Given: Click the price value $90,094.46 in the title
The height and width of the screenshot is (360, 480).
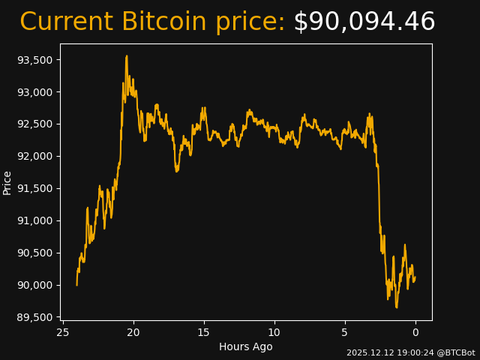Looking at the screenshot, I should click(x=364, y=22).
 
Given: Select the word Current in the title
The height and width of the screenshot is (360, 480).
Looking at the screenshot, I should click(x=66, y=22).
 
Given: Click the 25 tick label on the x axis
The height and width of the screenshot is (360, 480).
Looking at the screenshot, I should click(x=63, y=332).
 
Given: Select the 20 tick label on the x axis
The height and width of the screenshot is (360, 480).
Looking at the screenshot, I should click(x=133, y=332).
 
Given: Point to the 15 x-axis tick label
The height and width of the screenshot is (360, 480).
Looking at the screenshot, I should click(x=204, y=332).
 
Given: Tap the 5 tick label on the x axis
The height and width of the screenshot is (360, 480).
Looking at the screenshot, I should click(x=345, y=332).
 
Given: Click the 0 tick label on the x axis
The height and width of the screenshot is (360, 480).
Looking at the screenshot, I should click(x=415, y=332).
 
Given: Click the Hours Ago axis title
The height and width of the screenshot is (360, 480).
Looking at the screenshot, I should click(x=246, y=346).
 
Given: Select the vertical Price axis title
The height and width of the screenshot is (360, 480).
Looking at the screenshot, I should click(x=7, y=182).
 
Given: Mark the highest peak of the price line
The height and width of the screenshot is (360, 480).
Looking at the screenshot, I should click(x=126, y=55).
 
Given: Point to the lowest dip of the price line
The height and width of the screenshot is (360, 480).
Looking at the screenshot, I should click(x=397, y=307).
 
